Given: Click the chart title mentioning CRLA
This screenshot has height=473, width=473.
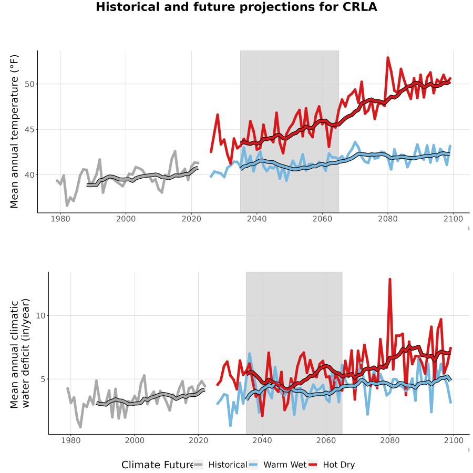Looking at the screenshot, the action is (236, 7).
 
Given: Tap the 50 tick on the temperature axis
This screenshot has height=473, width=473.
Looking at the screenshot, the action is (29, 84).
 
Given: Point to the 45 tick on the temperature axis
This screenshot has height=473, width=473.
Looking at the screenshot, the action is (29, 130).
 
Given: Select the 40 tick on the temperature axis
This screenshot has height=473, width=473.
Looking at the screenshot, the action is (29, 175).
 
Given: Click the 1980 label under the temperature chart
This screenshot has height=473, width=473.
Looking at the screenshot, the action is (60, 219).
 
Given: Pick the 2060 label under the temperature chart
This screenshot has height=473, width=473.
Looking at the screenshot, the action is (322, 219).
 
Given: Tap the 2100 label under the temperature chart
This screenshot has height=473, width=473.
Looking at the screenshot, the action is (453, 219).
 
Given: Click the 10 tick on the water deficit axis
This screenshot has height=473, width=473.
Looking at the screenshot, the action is (40, 316).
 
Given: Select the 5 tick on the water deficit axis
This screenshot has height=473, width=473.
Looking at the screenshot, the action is (43, 379).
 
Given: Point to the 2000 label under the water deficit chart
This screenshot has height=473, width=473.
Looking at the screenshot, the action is (135, 440).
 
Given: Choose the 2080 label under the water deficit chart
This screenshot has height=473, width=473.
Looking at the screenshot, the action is (390, 440).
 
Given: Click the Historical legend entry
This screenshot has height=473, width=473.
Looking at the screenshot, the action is (220, 465).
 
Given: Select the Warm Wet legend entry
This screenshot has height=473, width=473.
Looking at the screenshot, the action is (277, 465).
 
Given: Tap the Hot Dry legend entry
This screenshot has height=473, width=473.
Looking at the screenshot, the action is (332, 465).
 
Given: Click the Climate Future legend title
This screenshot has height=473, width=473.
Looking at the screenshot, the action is (157, 465).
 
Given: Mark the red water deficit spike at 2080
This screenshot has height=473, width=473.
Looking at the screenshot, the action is (390, 280).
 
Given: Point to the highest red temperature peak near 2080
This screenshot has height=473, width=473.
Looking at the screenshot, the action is (388, 58).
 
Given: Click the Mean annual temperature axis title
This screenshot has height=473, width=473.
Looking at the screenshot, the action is (14, 131).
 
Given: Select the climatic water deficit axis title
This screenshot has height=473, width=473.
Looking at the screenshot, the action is (19, 353).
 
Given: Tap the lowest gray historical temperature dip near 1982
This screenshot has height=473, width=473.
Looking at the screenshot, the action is (67, 205).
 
